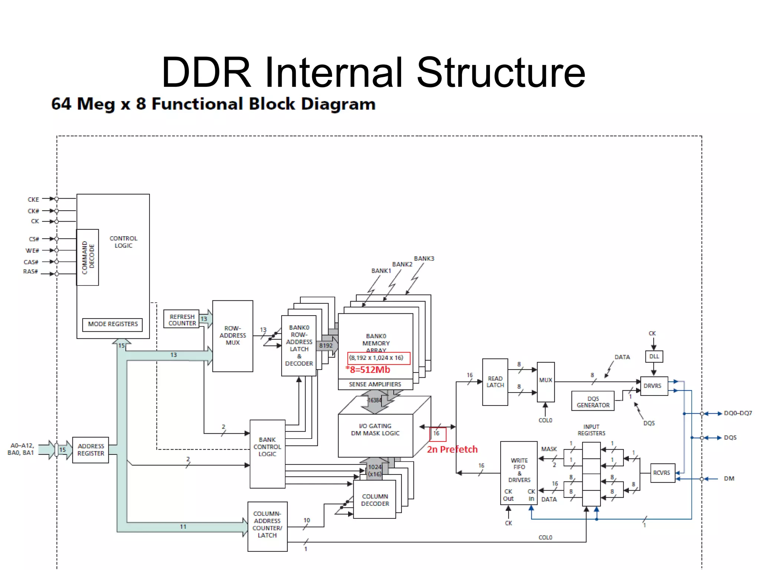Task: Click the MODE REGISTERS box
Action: pyautogui.click(x=112, y=324)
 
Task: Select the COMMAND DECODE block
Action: pyautogui.click(x=88, y=257)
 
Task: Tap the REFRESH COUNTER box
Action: pyautogui.click(x=181, y=320)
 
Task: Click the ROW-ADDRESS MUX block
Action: pyautogui.click(x=232, y=336)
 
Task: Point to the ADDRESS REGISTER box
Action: pyautogui.click(x=91, y=450)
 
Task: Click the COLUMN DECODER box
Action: pyautogui.click(x=374, y=500)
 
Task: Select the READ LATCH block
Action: pyautogui.click(x=495, y=382)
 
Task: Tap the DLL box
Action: pyautogui.click(x=654, y=356)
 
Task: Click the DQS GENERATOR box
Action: pyautogui.click(x=593, y=402)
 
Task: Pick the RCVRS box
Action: pyautogui.click(x=662, y=473)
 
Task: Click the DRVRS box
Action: pyautogui.click(x=653, y=386)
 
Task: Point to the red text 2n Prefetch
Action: pyautogui.click(x=452, y=449)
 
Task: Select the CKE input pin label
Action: pyautogui.click(x=33, y=199)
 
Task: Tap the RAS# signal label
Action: pyautogui.click(x=30, y=271)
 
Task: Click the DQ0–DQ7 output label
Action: pyautogui.click(x=737, y=413)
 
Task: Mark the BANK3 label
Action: pyautogui.click(x=424, y=258)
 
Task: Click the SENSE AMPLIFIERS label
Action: pyautogui.click(x=375, y=384)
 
